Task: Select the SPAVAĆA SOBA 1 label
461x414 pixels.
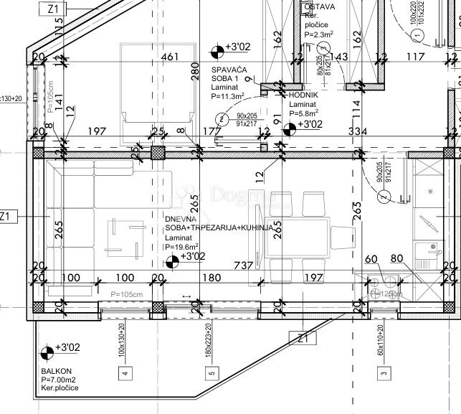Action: click(x=229, y=73)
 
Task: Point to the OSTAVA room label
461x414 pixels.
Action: click(x=319, y=7)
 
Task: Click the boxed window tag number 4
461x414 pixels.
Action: click(x=125, y=372)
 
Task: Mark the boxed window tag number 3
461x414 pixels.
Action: click(x=384, y=372)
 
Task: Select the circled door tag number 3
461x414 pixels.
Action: click(x=323, y=48)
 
